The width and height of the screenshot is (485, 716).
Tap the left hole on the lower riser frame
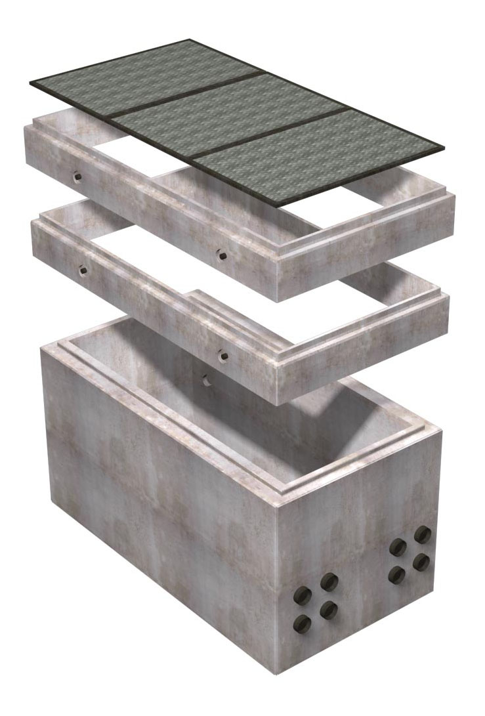82,268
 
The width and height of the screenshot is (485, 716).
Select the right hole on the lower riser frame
224,355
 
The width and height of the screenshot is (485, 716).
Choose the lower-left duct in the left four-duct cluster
303,623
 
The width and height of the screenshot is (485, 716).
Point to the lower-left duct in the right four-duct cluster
396,575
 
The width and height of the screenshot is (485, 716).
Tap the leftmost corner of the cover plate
30,84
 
